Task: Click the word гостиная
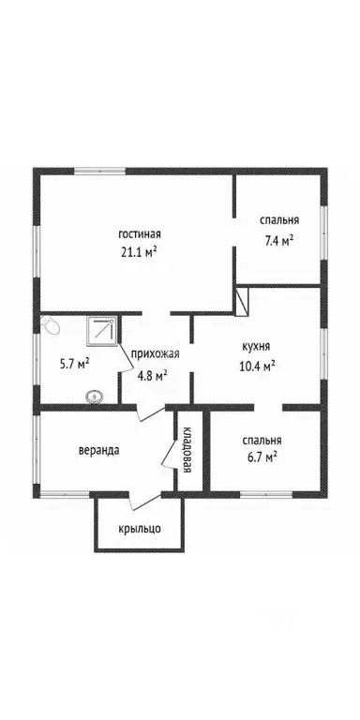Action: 140,233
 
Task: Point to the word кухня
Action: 257,345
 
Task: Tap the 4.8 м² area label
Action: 151,375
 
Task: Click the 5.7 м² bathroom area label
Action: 73,362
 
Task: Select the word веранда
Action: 98,449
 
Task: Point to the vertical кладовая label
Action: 187,449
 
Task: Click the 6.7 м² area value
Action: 260,457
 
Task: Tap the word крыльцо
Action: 139,529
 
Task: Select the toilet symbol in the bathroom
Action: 50,325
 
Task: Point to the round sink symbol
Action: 94,397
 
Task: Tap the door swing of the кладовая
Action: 171,455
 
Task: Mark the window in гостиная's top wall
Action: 104,170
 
